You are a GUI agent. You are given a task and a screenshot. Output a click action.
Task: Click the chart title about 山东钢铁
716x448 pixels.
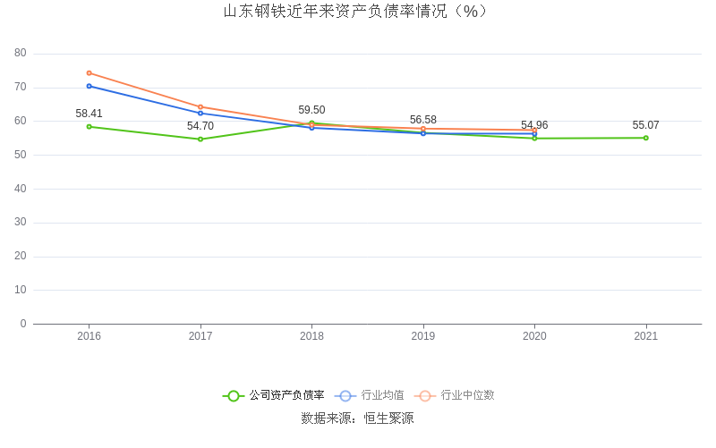click(x=357, y=12)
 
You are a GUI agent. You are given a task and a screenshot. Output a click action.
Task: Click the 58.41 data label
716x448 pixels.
click(x=89, y=114)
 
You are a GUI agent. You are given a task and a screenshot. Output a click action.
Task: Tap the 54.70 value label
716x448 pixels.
click(x=200, y=126)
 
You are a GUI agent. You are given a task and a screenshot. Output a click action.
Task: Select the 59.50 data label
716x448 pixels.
click(x=311, y=110)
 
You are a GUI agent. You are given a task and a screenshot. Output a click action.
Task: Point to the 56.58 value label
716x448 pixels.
click(x=423, y=120)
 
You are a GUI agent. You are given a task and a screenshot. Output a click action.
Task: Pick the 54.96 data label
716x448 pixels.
click(x=534, y=125)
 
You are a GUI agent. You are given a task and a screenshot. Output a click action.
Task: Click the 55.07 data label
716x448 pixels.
click(x=645, y=125)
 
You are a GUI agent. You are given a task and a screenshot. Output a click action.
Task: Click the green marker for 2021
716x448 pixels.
click(x=645, y=138)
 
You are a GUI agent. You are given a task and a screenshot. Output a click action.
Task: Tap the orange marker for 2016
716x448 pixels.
click(x=89, y=73)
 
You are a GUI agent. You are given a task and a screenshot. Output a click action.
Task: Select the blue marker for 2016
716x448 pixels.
click(x=89, y=86)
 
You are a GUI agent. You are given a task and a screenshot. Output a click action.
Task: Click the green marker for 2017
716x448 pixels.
click(x=200, y=139)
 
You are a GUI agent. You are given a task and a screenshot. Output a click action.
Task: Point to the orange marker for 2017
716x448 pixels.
click(x=200, y=107)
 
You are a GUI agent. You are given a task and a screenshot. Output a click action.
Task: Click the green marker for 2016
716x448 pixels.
click(x=89, y=126)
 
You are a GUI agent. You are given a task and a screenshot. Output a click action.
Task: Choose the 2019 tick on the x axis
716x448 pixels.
click(x=423, y=336)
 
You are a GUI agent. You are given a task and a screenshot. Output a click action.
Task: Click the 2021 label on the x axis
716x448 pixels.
click(x=645, y=336)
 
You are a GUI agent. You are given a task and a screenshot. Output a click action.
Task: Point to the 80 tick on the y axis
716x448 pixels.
click(x=21, y=54)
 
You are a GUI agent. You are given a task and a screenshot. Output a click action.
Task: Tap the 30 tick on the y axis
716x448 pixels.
click(x=21, y=223)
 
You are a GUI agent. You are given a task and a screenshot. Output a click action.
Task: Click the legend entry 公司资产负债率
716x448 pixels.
click(x=274, y=395)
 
